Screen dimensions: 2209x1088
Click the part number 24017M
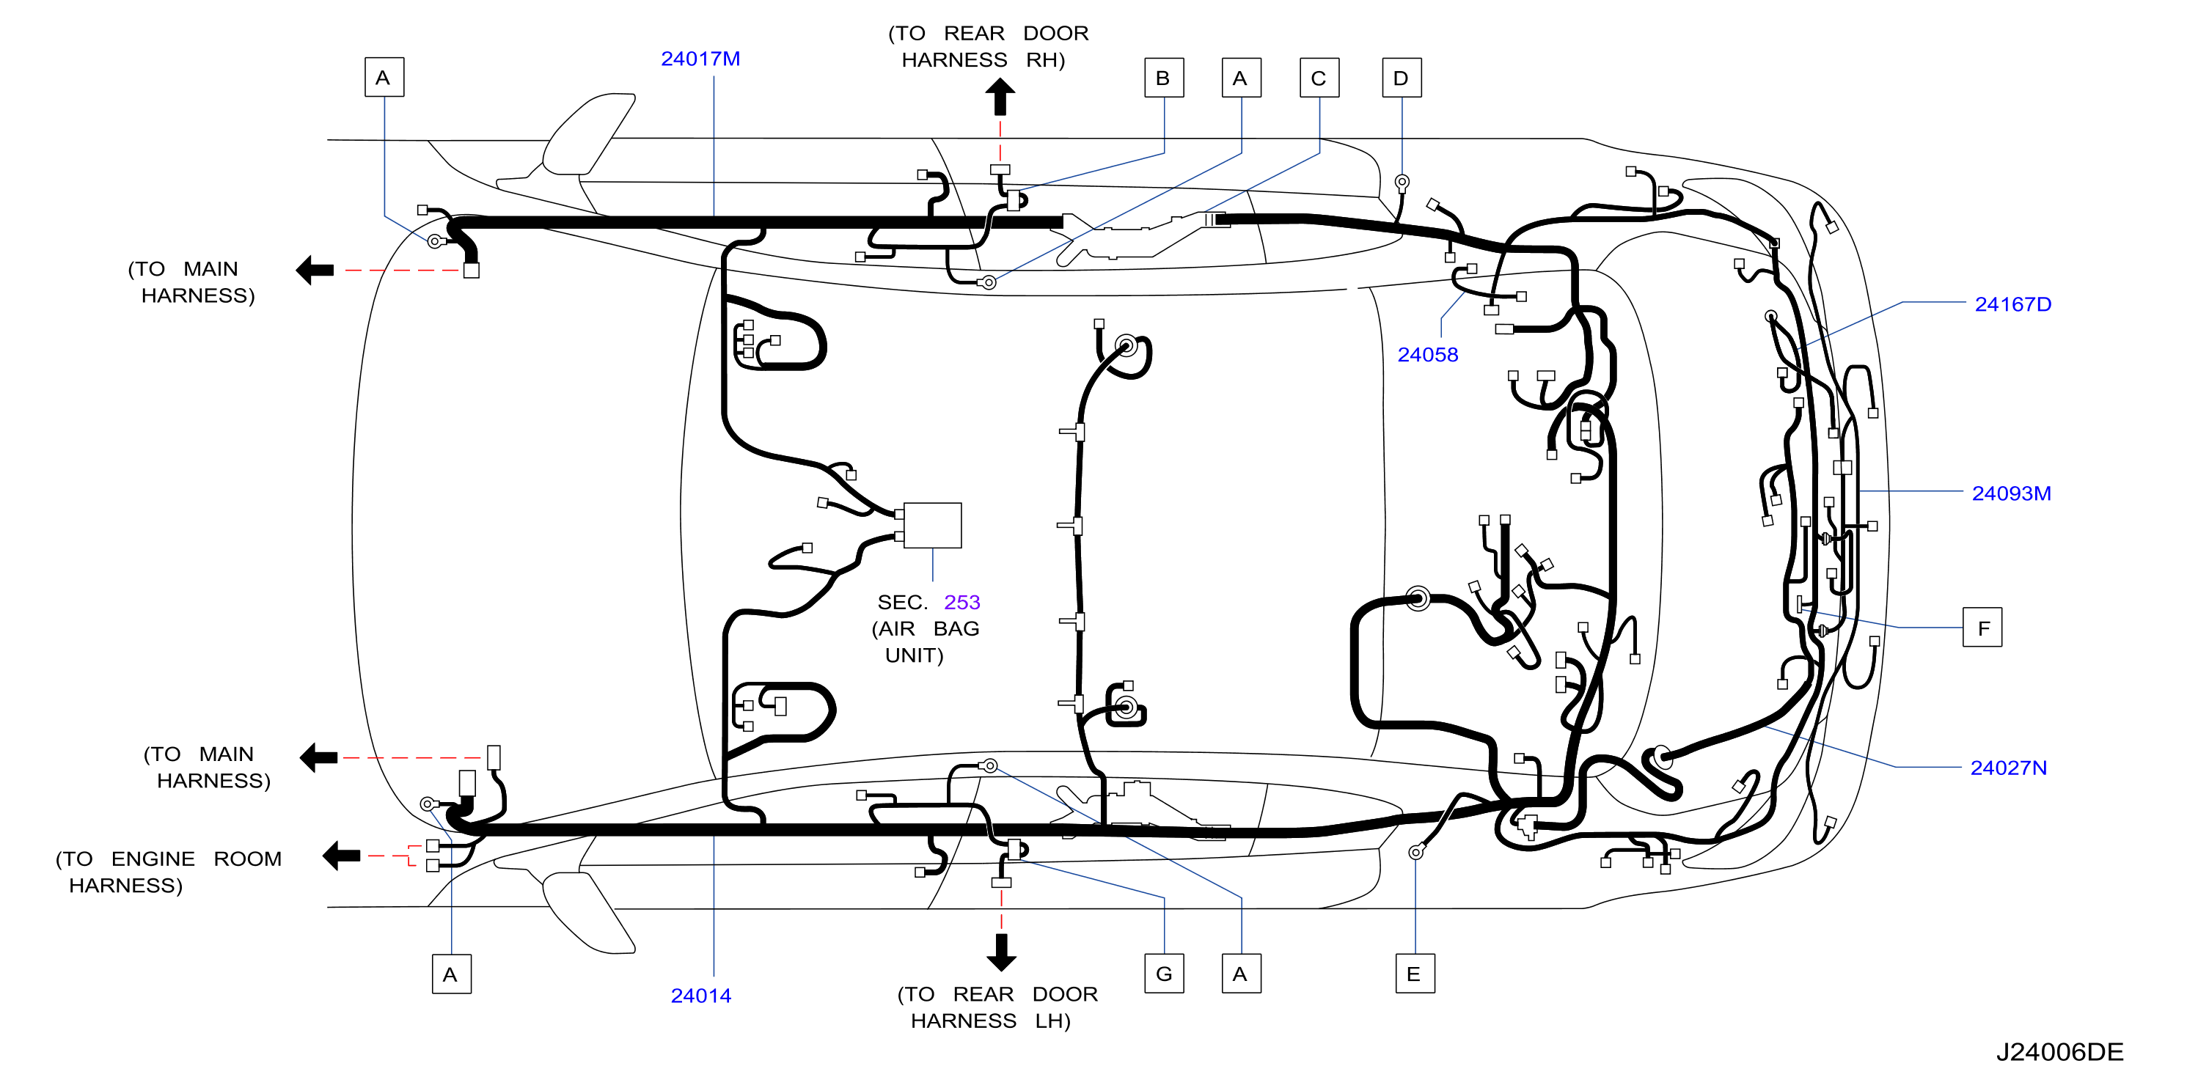point(700,59)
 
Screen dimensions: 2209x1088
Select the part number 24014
point(700,996)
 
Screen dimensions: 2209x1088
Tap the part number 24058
point(1428,354)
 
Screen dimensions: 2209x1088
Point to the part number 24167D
point(2012,304)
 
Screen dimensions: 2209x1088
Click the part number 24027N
point(2008,768)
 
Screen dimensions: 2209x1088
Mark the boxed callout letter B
point(1164,78)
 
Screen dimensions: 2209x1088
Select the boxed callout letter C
point(1319,78)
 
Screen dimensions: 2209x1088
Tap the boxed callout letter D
point(1402,78)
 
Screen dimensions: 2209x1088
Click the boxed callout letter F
point(1982,628)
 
